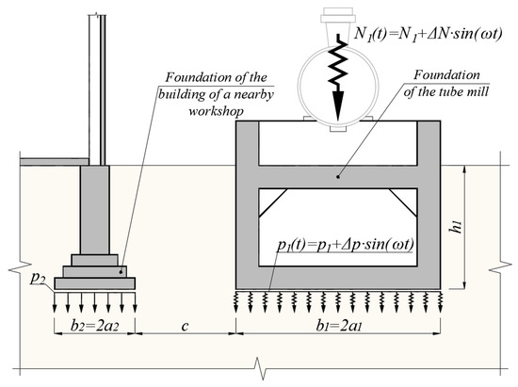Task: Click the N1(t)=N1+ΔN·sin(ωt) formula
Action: [x=429, y=33]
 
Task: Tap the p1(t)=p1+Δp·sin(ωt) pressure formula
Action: [x=346, y=245]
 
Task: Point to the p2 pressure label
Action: [x=38, y=278]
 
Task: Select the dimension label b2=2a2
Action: [x=94, y=326]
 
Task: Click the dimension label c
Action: [x=185, y=326]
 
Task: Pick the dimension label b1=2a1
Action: [x=339, y=326]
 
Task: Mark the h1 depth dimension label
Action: [x=457, y=227]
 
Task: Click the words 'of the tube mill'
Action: [x=445, y=91]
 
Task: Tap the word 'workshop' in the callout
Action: [x=216, y=111]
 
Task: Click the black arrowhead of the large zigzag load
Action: [x=337, y=105]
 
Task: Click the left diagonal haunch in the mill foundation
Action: [x=273, y=202]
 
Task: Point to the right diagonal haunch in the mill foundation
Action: [x=403, y=202]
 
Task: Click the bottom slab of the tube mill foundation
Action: [x=338, y=278]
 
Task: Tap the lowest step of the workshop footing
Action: [x=94, y=283]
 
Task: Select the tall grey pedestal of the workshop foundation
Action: [x=94, y=210]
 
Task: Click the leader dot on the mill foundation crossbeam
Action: [x=337, y=177]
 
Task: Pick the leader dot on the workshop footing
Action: [x=121, y=272]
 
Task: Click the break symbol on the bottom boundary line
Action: [x=260, y=368]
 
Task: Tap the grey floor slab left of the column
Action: [x=55, y=161]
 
